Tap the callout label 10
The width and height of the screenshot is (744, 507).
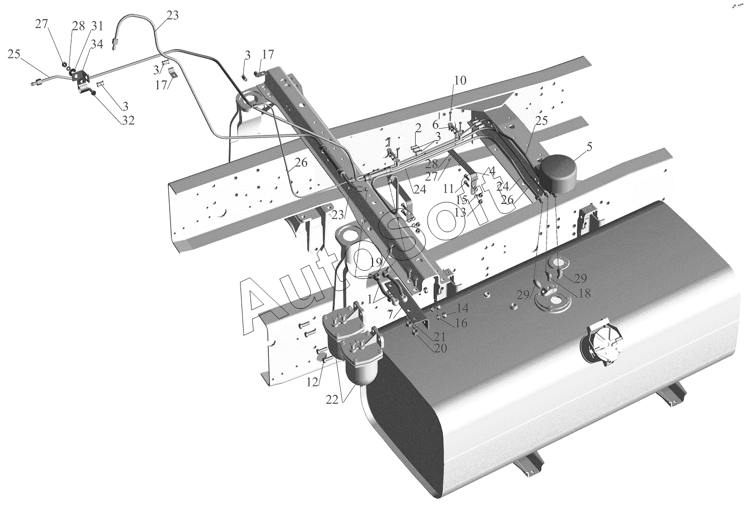(x=460, y=80)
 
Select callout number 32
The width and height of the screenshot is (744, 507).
(x=128, y=120)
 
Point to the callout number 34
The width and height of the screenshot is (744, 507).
(x=97, y=44)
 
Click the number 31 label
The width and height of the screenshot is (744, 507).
(x=97, y=26)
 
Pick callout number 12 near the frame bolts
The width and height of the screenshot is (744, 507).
(x=312, y=382)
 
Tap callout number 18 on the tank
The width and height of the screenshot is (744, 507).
(x=584, y=293)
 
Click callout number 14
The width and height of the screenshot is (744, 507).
(x=462, y=308)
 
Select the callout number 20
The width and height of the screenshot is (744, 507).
(x=440, y=348)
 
